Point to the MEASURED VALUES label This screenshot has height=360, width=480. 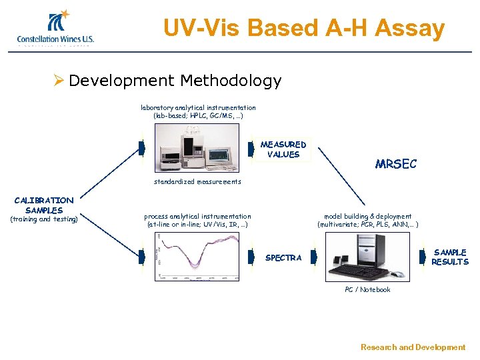coord(283,149)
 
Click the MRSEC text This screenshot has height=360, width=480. coord(395,164)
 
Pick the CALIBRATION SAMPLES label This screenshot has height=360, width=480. coord(44,205)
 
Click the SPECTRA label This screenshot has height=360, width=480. coord(283,258)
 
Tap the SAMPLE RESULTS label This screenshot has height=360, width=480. coord(449,257)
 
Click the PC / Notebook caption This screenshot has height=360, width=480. coord(367,290)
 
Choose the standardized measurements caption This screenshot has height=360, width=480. coord(197,181)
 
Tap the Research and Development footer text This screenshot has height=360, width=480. coord(413,347)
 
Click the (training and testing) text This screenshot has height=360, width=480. coord(44,219)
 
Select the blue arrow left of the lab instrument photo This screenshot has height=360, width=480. coord(141,149)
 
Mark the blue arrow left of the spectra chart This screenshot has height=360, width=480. coord(141,257)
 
